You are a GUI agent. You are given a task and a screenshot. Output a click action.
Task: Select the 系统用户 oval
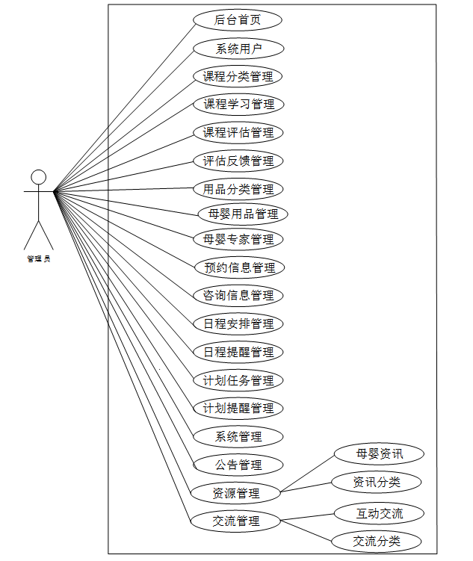pyautogui.click(x=238, y=49)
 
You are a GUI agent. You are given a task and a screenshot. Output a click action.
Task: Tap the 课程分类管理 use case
pyautogui.click(x=238, y=76)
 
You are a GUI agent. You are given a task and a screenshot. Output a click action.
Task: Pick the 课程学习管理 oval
pyautogui.click(x=238, y=104)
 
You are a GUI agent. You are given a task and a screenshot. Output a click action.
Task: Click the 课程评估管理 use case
pyautogui.click(x=238, y=133)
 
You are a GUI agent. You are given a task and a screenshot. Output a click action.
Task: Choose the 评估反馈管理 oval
pyautogui.click(x=238, y=161)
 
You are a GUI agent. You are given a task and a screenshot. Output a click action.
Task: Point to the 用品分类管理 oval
pyautogui.click(x=238, y=189)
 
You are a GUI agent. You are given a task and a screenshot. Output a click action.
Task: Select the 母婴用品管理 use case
pyautogui.click(x=243, y=214)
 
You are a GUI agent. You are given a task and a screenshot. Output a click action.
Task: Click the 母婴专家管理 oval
pyautogui.click(x=238, y=240)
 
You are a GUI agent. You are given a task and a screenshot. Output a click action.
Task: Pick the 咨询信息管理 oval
pyautogui.click(x=238, y=296)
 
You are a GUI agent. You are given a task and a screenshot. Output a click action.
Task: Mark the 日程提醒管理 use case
pyautogui.click(x=238, y=352)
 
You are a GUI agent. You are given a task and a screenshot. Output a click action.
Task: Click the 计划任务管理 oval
pyautogui.click(x=238, y=380)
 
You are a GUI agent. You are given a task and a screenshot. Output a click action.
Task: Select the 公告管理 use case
pyautogui.click(x=238, y=465)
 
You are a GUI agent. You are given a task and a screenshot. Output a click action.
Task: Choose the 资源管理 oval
pyautogui.click(x=235, y=493)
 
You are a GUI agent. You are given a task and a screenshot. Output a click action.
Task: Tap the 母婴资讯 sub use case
pyautogui.click(x=379, y=453)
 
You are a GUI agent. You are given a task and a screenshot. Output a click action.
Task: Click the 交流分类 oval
pyautogui.click(x=377, y=542)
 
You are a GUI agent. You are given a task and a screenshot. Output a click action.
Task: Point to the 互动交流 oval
pyautogui.click(x=379, y=513)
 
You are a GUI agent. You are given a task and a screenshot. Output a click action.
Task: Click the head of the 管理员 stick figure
pyautogui.click(x=39, y=177)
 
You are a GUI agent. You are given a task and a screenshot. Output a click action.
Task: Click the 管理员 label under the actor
pyautogui.click(x=39, y=259)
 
